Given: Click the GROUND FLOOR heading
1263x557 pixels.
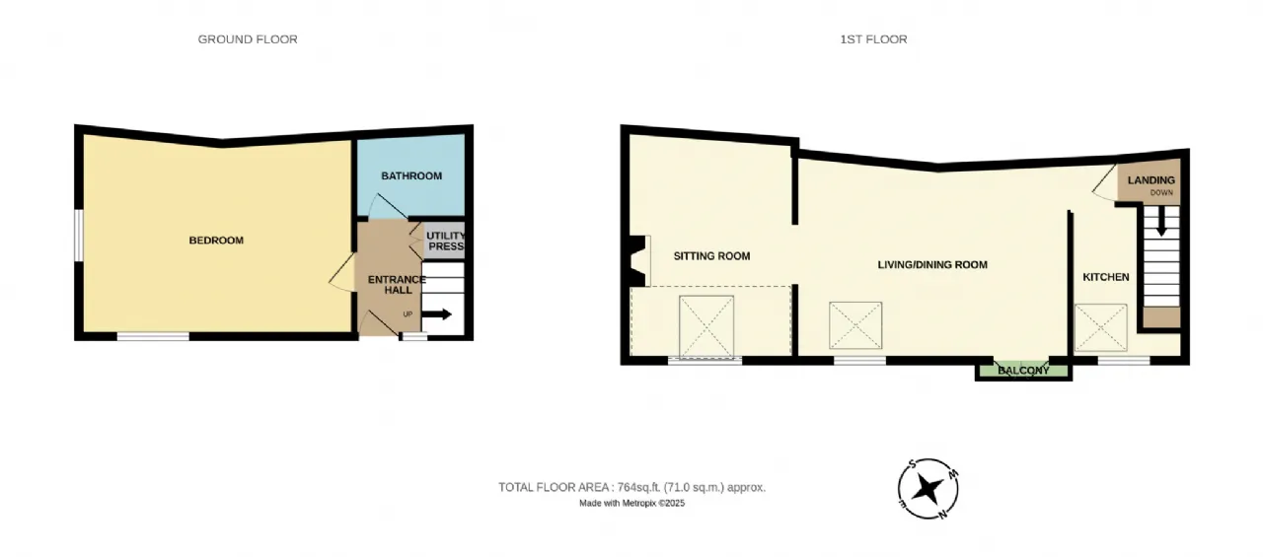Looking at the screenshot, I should (248, 39).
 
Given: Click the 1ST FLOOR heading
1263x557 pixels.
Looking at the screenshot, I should (873, 39).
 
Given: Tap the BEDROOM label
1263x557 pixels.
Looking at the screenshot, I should (216, 241).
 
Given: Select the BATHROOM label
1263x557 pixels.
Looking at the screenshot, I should (411, 176).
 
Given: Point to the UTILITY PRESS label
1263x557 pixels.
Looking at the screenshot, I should (445, 242).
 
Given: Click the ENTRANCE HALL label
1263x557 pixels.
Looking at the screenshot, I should (397, 285).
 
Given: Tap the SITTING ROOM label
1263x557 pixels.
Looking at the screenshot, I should (711, 256).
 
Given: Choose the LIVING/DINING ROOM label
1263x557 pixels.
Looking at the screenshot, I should (932, 265).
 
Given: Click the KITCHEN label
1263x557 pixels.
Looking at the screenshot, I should (1106, 277).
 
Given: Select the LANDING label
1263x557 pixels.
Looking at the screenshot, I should (1152, 180).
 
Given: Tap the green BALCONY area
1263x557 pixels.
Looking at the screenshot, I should (1022, 371).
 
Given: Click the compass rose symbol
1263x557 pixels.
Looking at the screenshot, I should (929, 489).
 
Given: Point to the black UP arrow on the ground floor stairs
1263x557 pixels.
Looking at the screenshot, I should (437, 315).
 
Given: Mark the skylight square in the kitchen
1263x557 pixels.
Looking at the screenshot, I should (1100, 327).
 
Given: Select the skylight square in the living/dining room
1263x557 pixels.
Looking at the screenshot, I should (855, 325).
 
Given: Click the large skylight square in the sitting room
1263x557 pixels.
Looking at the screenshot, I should (706, 323).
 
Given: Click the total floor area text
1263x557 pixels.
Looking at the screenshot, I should (631, 487).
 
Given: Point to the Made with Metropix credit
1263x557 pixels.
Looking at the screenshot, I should (631, 504).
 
